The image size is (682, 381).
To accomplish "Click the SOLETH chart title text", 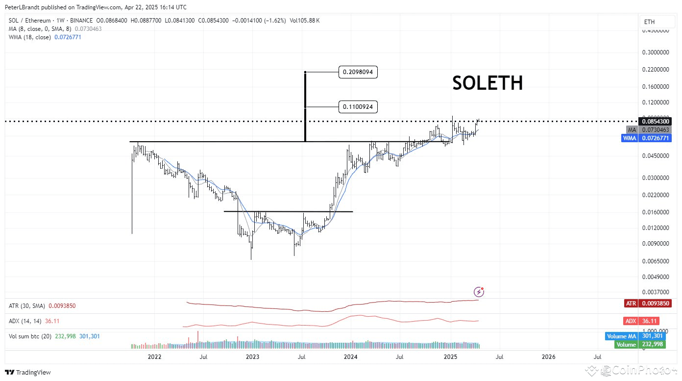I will (x=487, y=83).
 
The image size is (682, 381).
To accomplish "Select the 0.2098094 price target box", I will (x=358, y=72).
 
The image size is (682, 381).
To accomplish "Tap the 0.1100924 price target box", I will (x=358, y=106).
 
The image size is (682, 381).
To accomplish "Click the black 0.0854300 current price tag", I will (x=655, y=121).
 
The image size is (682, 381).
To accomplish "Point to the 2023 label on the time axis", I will (x=253, y=356).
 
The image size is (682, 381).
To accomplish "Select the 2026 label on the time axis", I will (x=548, y=356).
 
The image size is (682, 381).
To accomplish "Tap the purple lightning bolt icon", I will (x=479, y=292).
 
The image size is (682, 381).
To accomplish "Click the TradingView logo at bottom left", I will (x=28, y=373).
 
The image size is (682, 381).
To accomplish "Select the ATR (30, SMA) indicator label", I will (x=26, y=306).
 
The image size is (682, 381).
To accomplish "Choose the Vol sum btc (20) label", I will (x=28, y=336).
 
